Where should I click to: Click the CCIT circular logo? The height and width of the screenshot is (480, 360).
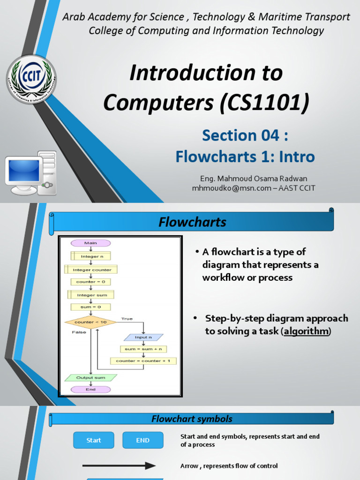tap(31, 79)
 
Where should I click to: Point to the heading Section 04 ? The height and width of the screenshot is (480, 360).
tap(245, 135)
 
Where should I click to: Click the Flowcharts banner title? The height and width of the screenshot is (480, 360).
tap(192, 222)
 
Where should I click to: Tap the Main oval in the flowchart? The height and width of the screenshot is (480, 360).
tap(90, 243)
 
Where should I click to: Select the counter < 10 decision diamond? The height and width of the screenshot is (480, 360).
tap(90, 322)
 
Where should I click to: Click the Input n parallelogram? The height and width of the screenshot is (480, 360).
tap(143, 337)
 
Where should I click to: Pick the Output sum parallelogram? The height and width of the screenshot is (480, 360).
tap(90, 377)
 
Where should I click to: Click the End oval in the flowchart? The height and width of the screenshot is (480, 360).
tap(90, 390)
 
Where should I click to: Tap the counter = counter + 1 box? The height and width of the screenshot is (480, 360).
tap(143, 361)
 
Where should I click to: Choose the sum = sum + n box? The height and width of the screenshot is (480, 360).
tap(143, 349)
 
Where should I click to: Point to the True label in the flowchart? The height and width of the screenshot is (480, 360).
tap(127, 319)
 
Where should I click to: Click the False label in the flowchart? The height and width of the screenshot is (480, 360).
tap(79, 332)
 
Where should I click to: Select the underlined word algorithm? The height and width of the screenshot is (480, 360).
tap(306, 331)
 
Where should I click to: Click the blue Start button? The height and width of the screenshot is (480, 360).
tap(94, 440)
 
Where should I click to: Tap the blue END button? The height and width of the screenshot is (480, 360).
tap(143, 440)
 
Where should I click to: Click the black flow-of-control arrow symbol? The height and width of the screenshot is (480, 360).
tap(119, 466)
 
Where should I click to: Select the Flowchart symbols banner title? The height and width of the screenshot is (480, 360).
tap(192, 419)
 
